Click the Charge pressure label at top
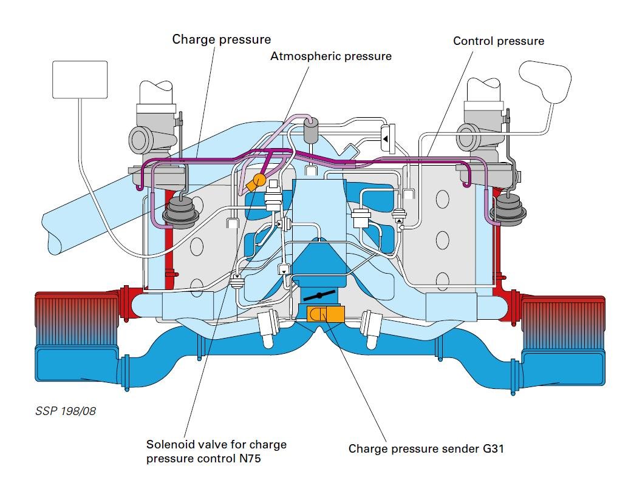pos(221,40)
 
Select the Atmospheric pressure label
pos(331,56)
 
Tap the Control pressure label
pos(499,41)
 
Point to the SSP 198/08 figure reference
pos(66,411)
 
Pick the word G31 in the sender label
pos(493,449)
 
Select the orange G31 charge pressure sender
pos(326,314)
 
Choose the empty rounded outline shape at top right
pos(545,81)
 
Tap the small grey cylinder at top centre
pos(312,130)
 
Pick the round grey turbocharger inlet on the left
pos(142,140)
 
